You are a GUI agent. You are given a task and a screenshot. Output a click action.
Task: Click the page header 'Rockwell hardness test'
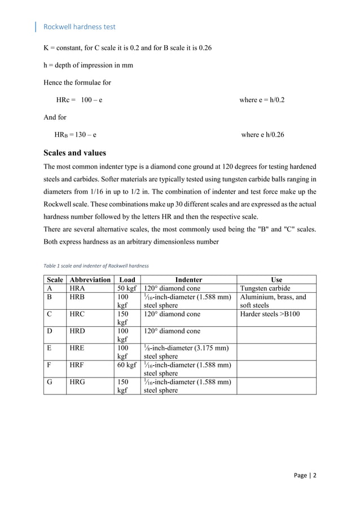(x=80, y=27)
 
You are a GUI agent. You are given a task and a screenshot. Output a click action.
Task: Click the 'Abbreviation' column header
(x=89, y=279)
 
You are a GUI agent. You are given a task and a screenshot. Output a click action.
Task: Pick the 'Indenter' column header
(x=188, y=279)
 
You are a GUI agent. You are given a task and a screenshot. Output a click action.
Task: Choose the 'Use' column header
(x=276, y=279)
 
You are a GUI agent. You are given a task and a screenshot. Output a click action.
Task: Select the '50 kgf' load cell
(x=126, y=288)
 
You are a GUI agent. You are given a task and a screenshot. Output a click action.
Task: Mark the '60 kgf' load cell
(x=126, y=365)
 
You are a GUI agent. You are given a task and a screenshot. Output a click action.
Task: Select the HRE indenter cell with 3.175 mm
(x=187, y=352)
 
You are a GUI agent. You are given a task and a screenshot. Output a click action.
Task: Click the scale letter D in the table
(x=50, y=331)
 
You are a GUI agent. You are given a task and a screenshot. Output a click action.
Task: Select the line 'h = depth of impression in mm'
(x=89, y=65)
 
